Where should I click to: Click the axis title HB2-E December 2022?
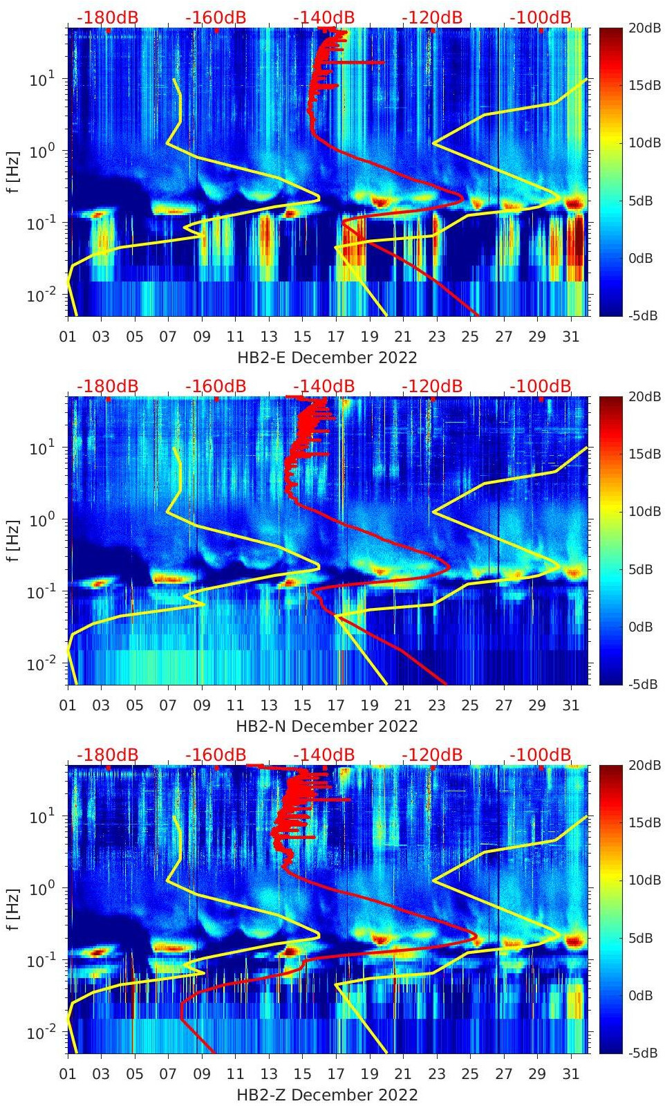pos(327,358)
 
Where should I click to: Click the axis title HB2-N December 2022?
pos(327,726)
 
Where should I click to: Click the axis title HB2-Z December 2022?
pos(327,1095)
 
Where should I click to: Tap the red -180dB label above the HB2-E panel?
pos(107,17)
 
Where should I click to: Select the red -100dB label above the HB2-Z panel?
pos(541,755)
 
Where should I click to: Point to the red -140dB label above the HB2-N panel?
pos(324,386)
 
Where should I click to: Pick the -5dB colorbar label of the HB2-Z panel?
pos(644,1053)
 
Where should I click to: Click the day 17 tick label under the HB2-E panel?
pos(336,337)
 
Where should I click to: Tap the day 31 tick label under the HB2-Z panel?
pos(570,1074)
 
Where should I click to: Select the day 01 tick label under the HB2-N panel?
pos(68,706)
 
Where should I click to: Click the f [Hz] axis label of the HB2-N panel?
pos(13,541)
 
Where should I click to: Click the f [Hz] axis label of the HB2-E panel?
pos(13,172)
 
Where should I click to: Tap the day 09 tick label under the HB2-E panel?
pos(202,337)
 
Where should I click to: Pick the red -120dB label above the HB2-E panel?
pos(432,17)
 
